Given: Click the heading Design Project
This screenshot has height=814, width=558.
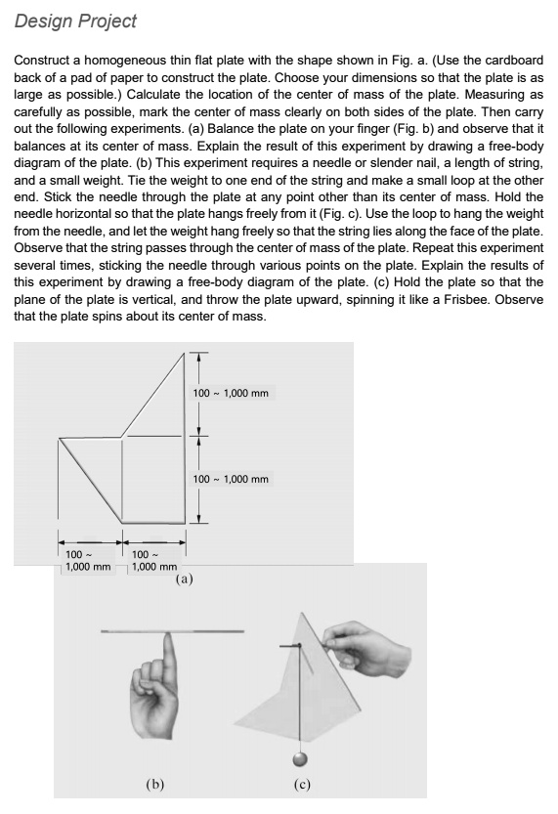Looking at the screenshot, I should point(75,21).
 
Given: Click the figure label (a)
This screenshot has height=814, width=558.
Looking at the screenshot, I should point(184,578).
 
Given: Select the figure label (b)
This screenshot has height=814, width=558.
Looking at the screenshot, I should point(154,782).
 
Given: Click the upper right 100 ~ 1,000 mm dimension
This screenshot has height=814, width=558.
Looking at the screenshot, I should point(231,393).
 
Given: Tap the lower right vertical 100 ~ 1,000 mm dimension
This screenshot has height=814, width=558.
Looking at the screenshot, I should point(231,479).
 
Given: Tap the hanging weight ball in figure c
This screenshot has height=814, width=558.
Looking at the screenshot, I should point(300,757).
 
